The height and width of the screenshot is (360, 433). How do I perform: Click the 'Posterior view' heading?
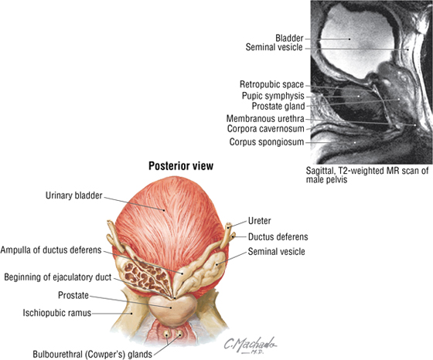(181, 166)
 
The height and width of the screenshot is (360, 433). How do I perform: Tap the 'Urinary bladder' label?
(73, 195)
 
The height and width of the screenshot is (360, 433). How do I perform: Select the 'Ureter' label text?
(259, 221)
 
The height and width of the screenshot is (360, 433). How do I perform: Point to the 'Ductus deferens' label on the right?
(278, 236)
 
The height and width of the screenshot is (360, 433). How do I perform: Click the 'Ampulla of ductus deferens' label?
(51, 250)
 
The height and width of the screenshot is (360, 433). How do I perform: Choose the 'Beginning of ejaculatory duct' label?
(58, 277)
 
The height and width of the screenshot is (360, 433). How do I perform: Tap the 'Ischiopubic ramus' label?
(57, 313)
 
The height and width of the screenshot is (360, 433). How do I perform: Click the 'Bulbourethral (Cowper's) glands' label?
(92, 355)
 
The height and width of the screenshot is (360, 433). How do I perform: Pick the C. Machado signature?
(250, 345)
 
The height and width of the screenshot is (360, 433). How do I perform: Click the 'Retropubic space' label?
(271, 84)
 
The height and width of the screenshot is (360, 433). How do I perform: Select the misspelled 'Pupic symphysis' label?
(273, 96)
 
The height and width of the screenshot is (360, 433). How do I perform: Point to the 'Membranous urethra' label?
(265, 119)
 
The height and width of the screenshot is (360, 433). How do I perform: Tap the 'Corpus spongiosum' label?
(267, 142)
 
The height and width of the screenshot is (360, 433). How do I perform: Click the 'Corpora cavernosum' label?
(266, 129)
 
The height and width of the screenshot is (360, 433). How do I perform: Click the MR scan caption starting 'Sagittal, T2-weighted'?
(367, 175)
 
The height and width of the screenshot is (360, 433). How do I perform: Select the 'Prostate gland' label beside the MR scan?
(278, 106)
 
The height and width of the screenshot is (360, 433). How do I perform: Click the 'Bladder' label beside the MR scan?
(289, 38)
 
